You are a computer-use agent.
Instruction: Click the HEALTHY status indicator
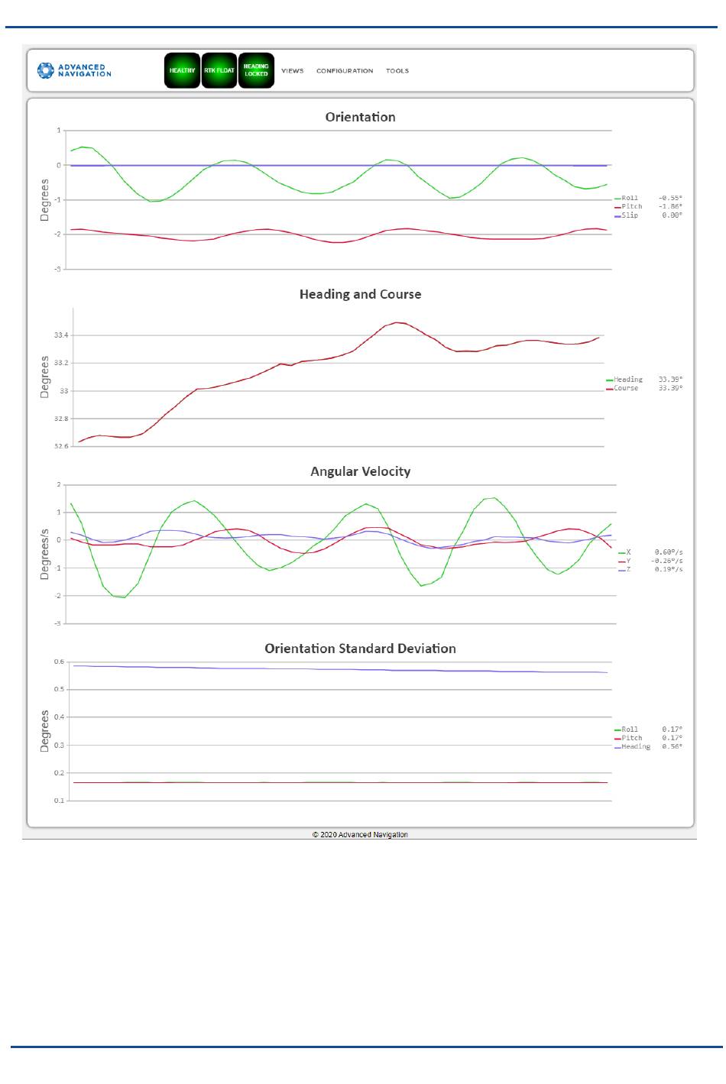[x=182, y=70]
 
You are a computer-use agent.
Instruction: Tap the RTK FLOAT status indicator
[x=219, y=70]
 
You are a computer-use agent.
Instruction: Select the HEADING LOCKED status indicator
[x=256, y=70]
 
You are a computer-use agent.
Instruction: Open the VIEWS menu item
[x=293, y=70]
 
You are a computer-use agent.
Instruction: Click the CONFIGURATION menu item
[x=345, y=70]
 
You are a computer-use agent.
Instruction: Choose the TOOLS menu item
[x=397, y=70]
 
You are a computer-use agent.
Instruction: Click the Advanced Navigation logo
[x=74, y=70]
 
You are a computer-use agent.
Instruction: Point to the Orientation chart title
[x=360, y=117]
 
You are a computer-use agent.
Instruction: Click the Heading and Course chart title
[x=360, y=294]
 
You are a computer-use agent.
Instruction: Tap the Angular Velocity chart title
[x=361, y=471]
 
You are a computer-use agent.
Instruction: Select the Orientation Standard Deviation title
[x=360, y=649]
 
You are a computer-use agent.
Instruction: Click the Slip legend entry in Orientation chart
[x=627, y=215]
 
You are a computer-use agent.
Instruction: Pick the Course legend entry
[x=622, y=388]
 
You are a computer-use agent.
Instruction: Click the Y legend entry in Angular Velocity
[x=625, y=561]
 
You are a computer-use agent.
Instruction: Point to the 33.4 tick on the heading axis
[x=61, y=335]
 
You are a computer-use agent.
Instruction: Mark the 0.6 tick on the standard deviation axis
[x=59, y=662]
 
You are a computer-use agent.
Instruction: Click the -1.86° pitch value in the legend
[x=670, y=206]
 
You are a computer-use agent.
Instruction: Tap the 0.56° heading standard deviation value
[x=673, y=746]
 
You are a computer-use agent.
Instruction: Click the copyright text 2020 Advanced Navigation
[x=360, y=834]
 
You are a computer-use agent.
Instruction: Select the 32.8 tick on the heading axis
[x=61, y=419]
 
